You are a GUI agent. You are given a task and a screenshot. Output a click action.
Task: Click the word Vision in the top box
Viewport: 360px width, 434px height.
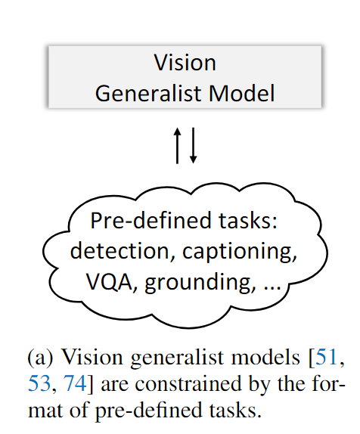185,61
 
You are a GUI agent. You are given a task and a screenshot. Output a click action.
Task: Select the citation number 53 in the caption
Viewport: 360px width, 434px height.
37,387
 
